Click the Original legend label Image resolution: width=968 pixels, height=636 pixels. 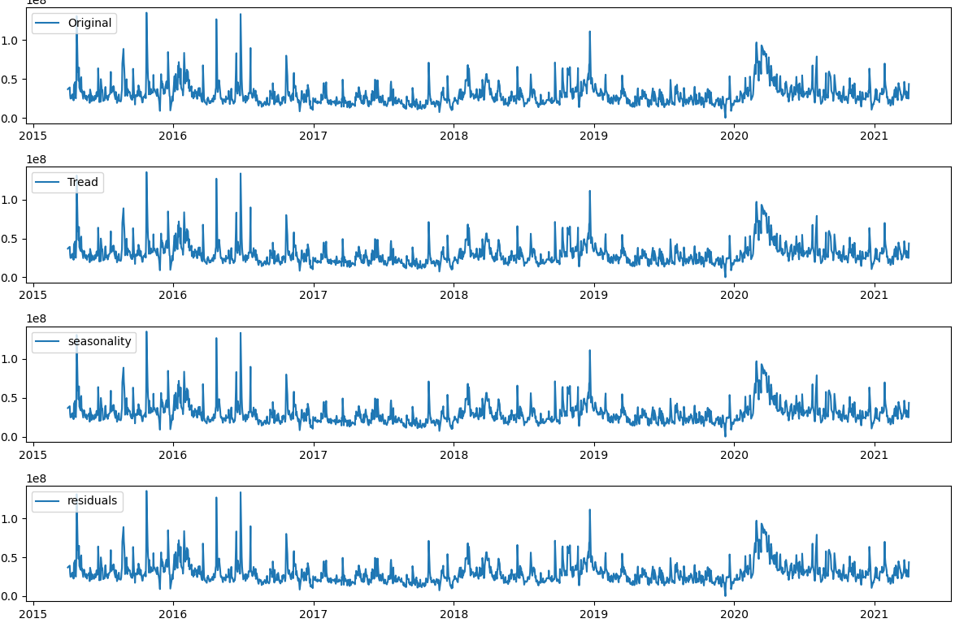tap(89, 23)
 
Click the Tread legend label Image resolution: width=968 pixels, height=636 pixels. tap(82, 182)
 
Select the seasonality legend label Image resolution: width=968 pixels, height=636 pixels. tap(99, 341)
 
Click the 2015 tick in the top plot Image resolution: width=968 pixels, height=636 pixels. tap(33, 136)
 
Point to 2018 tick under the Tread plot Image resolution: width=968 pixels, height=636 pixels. tap(454, 295)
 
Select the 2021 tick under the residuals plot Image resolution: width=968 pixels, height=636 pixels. tap(874, 613)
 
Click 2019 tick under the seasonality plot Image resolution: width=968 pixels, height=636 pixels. tap(594, 454)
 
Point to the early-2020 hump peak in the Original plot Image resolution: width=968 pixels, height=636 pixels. tap(756, 43)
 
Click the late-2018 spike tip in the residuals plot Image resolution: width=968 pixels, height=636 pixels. tap(589, 510)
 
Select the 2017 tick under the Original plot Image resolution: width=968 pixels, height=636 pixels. tap(314, 136)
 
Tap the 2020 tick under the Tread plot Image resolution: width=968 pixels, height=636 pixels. tap(734, 295)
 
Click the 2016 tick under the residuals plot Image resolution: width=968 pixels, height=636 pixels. tap(173, 613)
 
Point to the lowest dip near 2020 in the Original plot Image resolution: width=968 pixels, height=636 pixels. tap(726, 117)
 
